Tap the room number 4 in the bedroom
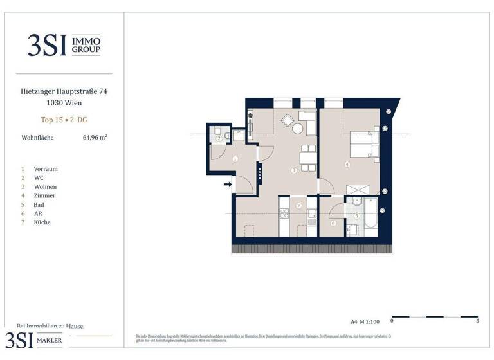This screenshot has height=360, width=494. (347, 165)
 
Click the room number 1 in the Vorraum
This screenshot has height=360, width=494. (235, 159)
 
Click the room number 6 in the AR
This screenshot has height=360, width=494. (333, 223)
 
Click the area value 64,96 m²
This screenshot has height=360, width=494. (95, 137)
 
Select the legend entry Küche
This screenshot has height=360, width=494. (42, 222)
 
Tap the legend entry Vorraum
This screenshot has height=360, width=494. (46, 168)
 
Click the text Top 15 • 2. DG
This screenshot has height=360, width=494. (64, 120)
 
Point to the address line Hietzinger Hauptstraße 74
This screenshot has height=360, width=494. (64, 92)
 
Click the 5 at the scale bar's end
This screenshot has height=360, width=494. (477, 321)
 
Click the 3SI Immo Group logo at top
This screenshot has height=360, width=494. (64, 44)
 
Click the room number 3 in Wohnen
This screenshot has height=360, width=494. (293, 171)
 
